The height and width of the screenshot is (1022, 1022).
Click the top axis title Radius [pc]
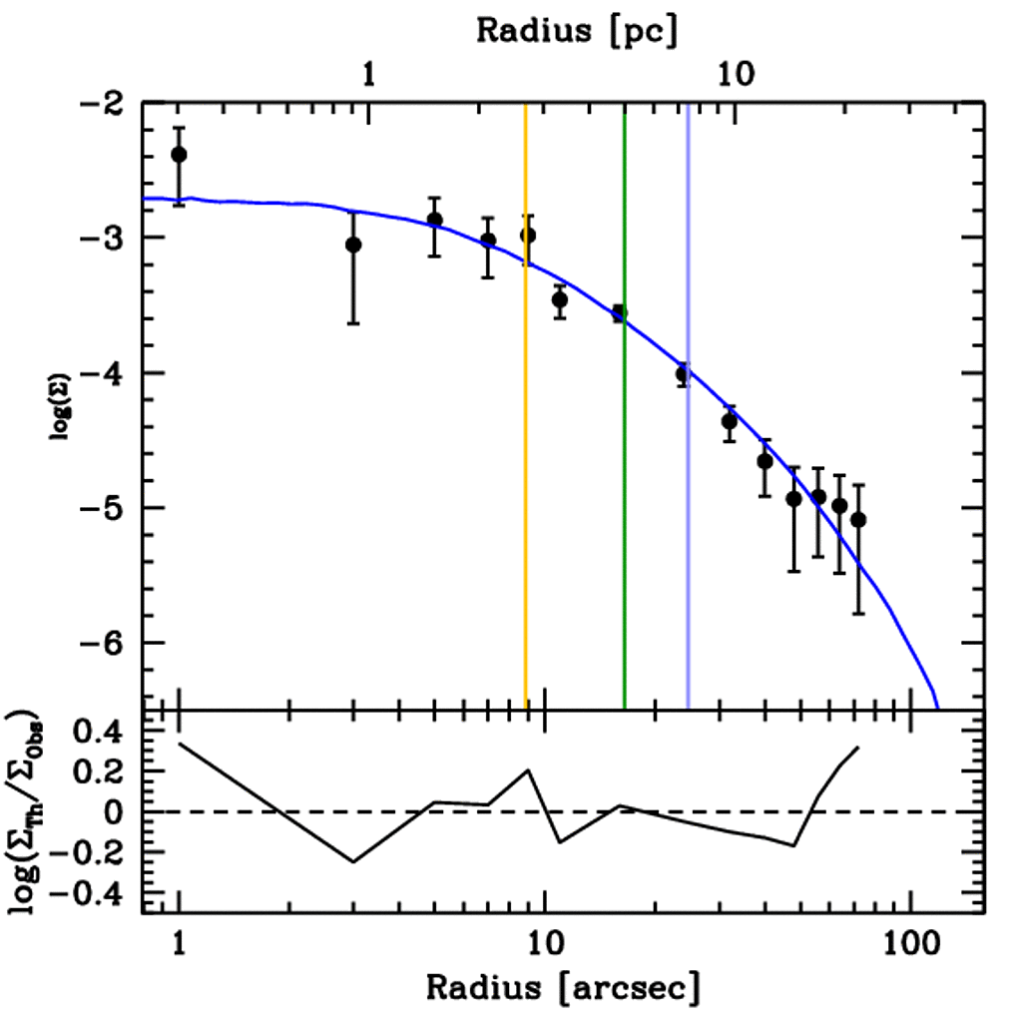(577, 30)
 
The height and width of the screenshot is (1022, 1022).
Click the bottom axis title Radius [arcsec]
(563, 987)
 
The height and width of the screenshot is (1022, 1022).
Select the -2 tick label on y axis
(106, 104)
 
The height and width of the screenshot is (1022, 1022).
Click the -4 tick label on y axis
(106, 373)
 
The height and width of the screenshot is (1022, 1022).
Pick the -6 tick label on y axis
(106, 644)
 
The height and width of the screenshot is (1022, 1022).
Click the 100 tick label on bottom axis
(910, 942)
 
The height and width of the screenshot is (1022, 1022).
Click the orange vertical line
(526, 449)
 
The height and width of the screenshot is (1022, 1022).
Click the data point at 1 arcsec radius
(179, 155)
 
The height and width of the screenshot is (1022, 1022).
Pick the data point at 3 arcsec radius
(353, 245)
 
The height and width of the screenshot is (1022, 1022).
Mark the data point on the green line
(619, 313)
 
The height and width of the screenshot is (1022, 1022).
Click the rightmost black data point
(858, 520)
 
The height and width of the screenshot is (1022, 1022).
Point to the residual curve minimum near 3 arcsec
(353, 861)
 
